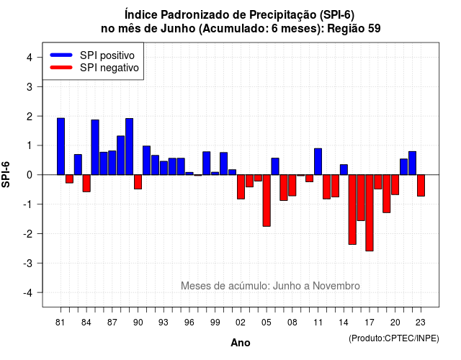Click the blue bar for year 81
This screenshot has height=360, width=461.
[x=61, y=146]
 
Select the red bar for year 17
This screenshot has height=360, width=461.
[x=370, y=213]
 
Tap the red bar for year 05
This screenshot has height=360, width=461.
[x=267, y=200]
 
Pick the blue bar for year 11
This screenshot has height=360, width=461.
[x=318, y=161]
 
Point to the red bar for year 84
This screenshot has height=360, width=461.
[x=86, y=184]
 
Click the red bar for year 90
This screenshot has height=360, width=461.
[x=138, y=182]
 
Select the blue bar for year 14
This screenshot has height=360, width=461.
[x=344, y=170]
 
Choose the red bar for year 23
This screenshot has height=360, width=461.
[x=421, y=186]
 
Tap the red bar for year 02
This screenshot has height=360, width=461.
[x=241, y=187]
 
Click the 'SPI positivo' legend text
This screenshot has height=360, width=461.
[x=107, y=55]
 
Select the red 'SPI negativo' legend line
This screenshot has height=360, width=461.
[x=61, y=67]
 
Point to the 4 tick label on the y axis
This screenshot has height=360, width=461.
[x=30, y=58]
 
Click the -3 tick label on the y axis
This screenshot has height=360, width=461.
[x=28, y=263]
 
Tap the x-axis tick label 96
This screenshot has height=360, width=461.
[x=189, y=323]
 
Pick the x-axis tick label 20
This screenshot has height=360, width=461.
[x=395, y=323]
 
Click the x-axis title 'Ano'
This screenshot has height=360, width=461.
[x=241, y=343]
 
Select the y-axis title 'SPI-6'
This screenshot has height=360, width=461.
[x=6, y=174]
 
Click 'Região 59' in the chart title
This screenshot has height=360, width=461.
[x=354, y=29]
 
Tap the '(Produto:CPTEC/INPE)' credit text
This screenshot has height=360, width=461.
[x=394, y=338]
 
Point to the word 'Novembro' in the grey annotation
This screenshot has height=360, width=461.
[x=336, y=286]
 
